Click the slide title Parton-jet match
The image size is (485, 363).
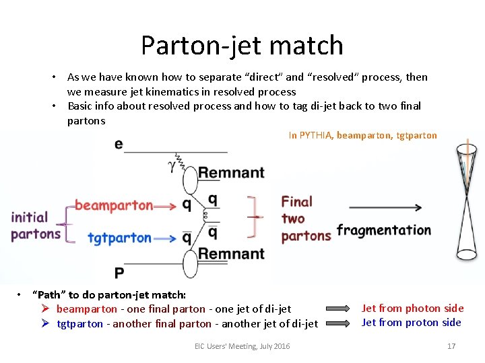[x=242, y=45]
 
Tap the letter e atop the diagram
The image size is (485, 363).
[x=119, y=144]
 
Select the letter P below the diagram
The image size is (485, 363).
[x=119, y=272]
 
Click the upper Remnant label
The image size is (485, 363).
[x=231, y=173]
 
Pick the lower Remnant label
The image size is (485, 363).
[x=231, y=253]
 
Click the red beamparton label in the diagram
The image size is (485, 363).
[x=113, y=205]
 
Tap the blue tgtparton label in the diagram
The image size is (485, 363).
[x=119, y=237]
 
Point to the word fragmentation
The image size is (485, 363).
[x=383, y=230]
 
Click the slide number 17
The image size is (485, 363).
[x=451, y=346]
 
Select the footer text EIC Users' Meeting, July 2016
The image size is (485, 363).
[x=242, y=346]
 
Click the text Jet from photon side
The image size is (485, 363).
[x=412, y=308]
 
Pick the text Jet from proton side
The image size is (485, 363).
[x=411, y=322]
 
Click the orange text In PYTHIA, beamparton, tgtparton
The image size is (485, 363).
[x=362, y=135]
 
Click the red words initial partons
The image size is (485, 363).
[x=35, y=225]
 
